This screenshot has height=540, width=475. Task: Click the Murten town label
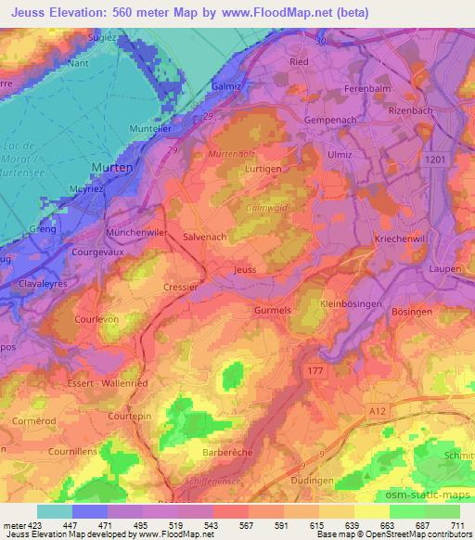pyautogui.click(x=111, y=167)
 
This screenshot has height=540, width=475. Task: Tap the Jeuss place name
pyautogui.click(x=245, y=269)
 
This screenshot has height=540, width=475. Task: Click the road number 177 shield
pyautogui.click(x=315, y=368)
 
